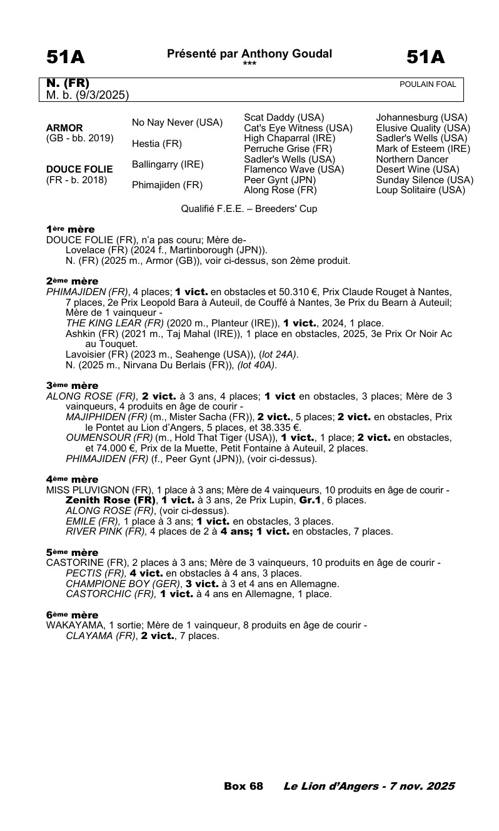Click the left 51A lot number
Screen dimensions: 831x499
coord(65,58)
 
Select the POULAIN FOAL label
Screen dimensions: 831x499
coord(428,84)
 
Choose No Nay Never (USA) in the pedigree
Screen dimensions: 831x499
coord(177,123)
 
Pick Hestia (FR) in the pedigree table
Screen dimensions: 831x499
coord(156,144)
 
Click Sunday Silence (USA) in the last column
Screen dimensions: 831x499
coord(425,180)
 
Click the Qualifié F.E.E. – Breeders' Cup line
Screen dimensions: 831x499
coord(249,209)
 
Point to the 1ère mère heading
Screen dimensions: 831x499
coord(71,229)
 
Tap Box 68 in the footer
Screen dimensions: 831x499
coord(243,786)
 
